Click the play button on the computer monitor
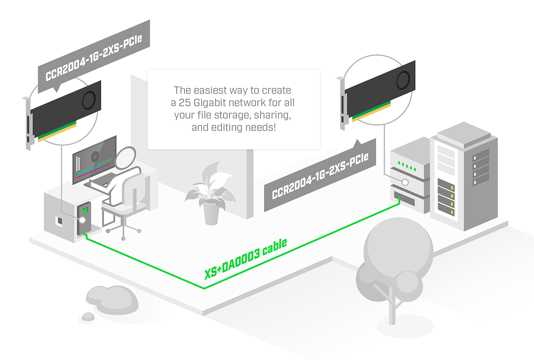point(95,157)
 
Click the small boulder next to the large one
point(88,317)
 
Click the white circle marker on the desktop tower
point(82,220)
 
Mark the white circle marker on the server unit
point(405,182)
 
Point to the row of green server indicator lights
point(406,165)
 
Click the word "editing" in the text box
point(228,128)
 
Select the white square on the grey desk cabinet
point(59,221)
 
